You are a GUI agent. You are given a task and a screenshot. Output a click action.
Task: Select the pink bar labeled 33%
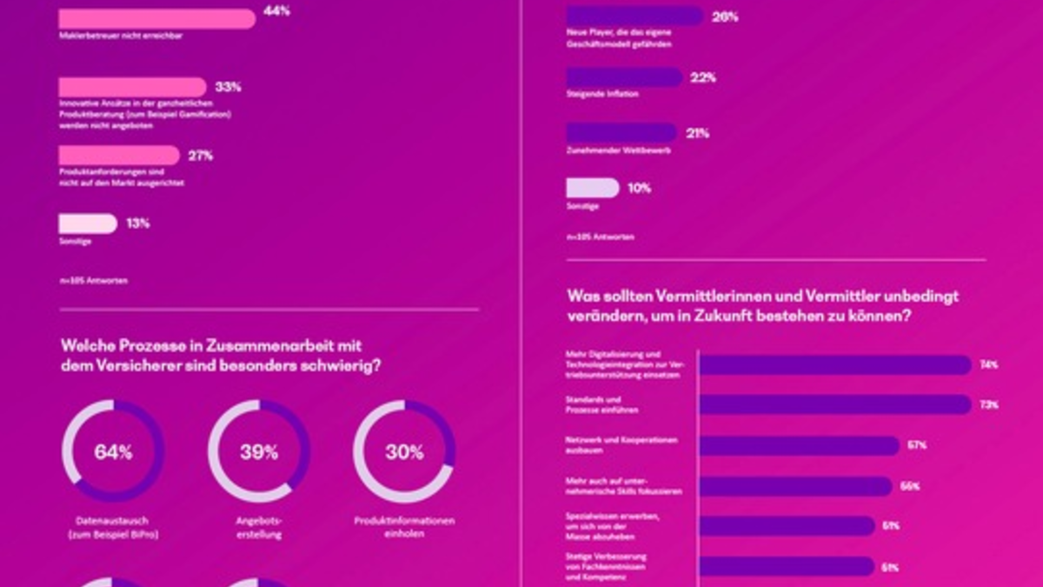pyautogui.click(x=132, y=87)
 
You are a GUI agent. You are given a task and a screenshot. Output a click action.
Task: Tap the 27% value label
pyautogui.click(x=201, y=156)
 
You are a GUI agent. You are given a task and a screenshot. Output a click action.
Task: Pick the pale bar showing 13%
pyautogui.click(x=88, y=223)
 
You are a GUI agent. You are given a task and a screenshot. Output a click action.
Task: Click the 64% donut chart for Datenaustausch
pyautogui.click(x=113, y=451)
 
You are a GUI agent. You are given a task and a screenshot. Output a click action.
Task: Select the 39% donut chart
pyautogui.click(x=259, y=451)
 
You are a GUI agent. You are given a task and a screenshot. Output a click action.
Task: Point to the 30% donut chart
pyautogui.click(x=404, y=451)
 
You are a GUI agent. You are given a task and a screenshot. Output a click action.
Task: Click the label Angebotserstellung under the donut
pyautogui.click(x=259, y=528)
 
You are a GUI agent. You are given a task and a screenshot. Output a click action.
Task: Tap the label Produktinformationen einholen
pyautogui.click(x=404, y=528)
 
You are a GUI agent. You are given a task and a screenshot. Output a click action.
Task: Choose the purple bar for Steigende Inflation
pyautogui.click(x=624, y=77)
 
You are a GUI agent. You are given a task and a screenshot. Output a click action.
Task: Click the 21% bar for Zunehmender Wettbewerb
pyautogui.click(x=621, y=133)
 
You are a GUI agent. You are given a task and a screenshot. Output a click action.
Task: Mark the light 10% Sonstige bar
pyautogui.click(x=592, y=188)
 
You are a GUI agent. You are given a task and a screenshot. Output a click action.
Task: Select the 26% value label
pyautogui.click(x=725, y=17)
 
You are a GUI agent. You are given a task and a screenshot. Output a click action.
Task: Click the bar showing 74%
pyautogui.click(x=834, y=365)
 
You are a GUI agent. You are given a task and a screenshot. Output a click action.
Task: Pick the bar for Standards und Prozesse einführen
pyautogui.click(x=834, y=405)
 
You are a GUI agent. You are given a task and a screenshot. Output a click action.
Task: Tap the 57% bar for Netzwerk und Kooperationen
pyautogui.click(x=798, y=445)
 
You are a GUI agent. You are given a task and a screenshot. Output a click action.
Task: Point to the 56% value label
pyautogui.click(x=910, y=486)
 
